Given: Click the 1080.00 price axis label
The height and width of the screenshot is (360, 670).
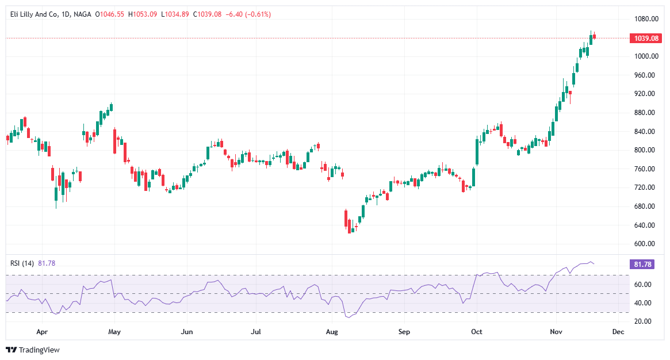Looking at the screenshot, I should click(x=646, y=19).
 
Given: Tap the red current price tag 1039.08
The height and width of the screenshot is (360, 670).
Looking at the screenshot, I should click(x=646, y=39).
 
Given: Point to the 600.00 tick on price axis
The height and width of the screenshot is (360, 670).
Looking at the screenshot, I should click(x=646, y=244).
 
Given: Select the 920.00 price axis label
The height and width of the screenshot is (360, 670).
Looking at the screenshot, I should click(x=646, y=94).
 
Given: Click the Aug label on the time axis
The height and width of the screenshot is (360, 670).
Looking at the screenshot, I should click(x=331, y=332).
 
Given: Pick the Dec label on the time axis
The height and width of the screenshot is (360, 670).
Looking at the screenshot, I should click(x=618, y=332).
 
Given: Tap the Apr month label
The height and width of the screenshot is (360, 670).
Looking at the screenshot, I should click(x=41, y=332).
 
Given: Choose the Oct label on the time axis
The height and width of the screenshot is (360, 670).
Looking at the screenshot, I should click(x=476, y=332).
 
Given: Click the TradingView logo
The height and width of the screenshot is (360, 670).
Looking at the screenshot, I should click(x=33, y=350).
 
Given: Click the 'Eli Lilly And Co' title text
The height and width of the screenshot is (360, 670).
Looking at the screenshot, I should click(x=35, y=14).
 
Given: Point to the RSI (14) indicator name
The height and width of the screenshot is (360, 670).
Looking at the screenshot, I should click(x=22, y=263).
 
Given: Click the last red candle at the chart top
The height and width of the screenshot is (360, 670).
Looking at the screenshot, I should click(x=595, y=37).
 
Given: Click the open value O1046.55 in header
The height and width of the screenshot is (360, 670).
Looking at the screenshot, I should click(x=111, y=14).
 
